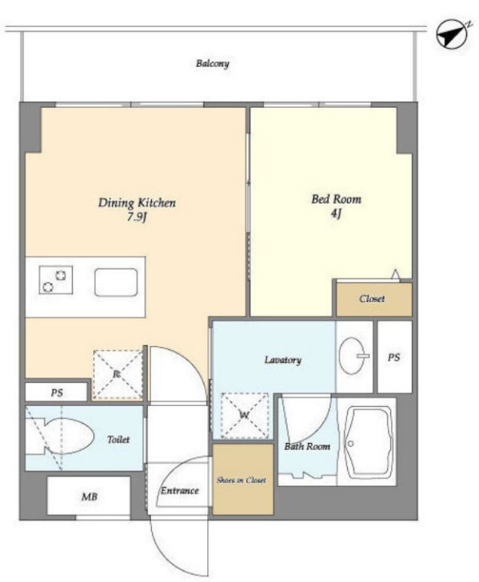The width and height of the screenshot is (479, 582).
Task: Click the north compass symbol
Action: pyautogui.click(x=453, y=34)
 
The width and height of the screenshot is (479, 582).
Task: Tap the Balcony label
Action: pyautogui.click(x=213, y=63)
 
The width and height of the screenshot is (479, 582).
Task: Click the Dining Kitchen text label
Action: pyautogui.click(x=137, y=203)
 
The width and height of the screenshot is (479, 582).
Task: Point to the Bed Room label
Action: pyautogui.click(x=336, y=199)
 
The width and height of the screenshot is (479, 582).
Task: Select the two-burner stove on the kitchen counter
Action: pyautogui.click(x=56, y=281)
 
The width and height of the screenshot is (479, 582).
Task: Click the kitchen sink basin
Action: pyautogui.click(x=116, y=282)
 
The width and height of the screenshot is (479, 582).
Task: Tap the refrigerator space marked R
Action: pyautogui.click(x=117, y=374)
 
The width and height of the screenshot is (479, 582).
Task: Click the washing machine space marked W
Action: pyautogui.click(x=245, y=416)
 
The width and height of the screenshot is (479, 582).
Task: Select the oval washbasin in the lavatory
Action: pyautogui.click(x=353, y=356)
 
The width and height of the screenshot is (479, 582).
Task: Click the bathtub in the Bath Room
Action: pyautogui.click(x=368, y=441)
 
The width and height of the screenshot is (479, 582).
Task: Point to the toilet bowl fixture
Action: pyautogui.click(x=59, y=436)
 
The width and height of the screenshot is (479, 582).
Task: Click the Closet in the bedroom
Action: pyautogui.click(x=374, y=299)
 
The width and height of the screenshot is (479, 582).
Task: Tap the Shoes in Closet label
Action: pyautogui.click(x=241, y=480)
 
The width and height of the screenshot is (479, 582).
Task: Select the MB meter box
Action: pyautogui.click(x=89, y=496)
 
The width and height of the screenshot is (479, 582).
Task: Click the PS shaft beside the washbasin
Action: pyautogui.click(x=395, y=357)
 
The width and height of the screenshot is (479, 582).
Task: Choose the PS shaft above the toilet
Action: pyautogui.click(x=57, y=392)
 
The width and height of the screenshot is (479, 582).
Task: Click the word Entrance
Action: pyautogui.click(x=180, y=491)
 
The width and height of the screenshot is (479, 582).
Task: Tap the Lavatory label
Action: pyautogui.click(x=283, y=360)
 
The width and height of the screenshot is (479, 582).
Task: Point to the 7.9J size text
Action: pyautogui.click(x=137, y=217)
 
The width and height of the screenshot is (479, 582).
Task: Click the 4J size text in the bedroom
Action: pyautogui.click(x=336, y=213)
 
